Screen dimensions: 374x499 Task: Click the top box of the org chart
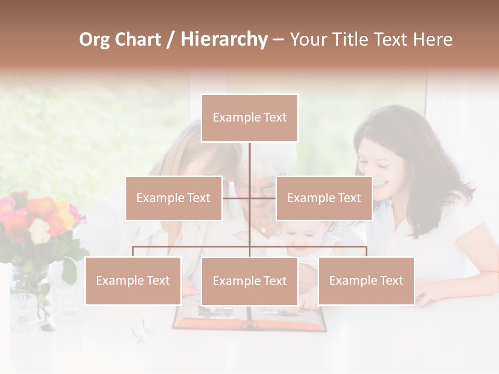249,118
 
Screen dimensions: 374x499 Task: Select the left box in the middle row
174,198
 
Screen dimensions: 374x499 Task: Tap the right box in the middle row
324,198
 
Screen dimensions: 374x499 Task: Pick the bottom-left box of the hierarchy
133,280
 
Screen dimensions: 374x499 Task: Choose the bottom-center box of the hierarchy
249,281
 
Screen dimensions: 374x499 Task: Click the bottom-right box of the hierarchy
366,280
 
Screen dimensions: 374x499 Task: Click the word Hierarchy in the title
224,39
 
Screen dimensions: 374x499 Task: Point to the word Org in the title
95,39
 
